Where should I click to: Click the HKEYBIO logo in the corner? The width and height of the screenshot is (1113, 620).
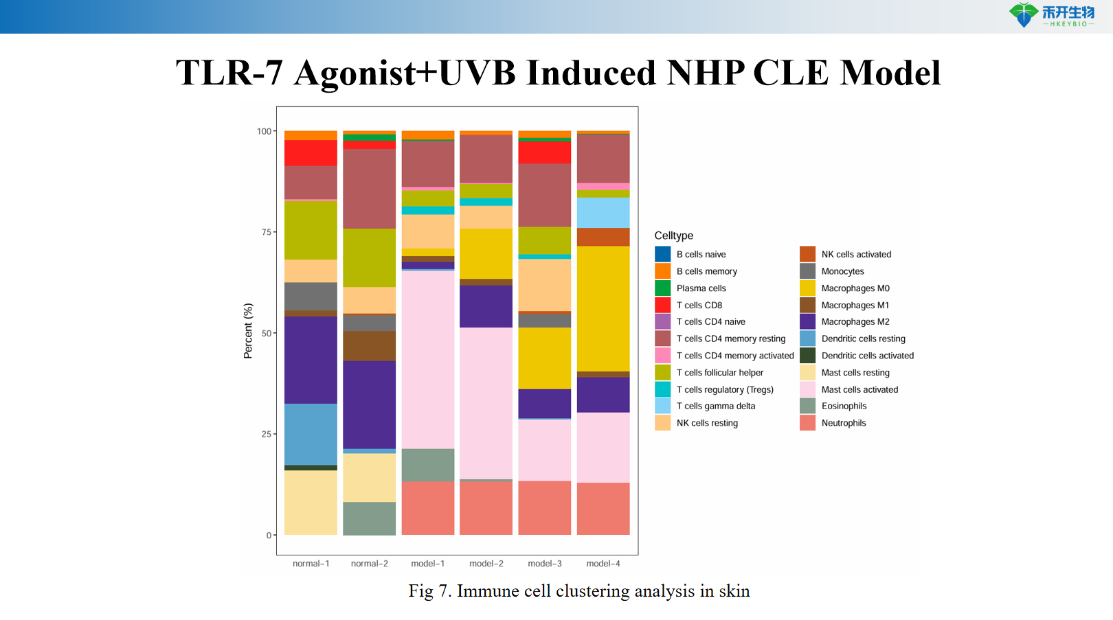(1051, 15)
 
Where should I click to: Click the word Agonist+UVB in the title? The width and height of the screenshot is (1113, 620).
(405, 73)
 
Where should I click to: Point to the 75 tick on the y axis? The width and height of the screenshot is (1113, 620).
(267, 232)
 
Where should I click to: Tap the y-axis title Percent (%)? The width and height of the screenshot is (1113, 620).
(248, 331)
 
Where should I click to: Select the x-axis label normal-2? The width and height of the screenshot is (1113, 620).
(369, 564)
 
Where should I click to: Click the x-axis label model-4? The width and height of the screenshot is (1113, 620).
(603, 564)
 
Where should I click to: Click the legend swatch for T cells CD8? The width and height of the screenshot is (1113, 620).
(662, 305)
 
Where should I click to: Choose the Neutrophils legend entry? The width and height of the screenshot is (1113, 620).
(843, 423)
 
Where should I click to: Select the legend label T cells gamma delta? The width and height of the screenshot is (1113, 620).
(715, 406)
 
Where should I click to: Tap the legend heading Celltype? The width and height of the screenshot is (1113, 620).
(673, 236)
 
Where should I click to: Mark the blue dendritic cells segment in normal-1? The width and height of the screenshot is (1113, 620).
(311, 434)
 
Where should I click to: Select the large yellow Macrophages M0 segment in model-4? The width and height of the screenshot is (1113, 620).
(603, 308)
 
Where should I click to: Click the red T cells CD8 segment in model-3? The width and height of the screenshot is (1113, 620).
(544, 152)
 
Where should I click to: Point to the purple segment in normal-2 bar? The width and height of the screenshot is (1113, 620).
(369, 404)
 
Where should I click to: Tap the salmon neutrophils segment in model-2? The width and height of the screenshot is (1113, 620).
(486, 508)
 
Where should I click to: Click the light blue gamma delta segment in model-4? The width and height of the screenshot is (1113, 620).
(603, 212)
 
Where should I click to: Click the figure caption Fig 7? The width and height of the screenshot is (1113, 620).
(578, 591)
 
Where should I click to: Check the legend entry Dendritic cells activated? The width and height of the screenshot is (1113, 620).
(867, 356)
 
